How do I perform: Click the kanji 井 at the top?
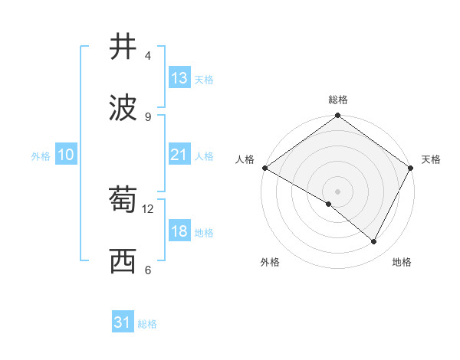pos(123,47)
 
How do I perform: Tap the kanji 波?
pos(123,108)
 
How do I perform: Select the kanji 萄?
pos(123,201)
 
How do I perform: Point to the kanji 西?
pos(123,262)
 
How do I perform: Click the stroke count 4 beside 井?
pos(147,56)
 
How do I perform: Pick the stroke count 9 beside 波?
pos(147,116)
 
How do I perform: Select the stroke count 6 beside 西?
pos(147,270)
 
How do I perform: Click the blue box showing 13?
pos(179,78)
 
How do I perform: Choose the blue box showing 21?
pos(179,155)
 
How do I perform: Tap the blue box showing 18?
pos(179,232)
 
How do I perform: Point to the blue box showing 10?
pos(66,155)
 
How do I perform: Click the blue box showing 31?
pos(123,323)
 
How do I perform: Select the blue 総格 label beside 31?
pos(147,324)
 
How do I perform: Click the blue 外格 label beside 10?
pos(41,155)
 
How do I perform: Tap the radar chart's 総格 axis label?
pos(338,100)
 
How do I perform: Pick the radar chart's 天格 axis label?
pos(431,159)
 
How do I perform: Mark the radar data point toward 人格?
pos(264,168)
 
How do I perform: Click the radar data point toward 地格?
pos(374,242)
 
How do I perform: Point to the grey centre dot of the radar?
pos(337,191)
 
